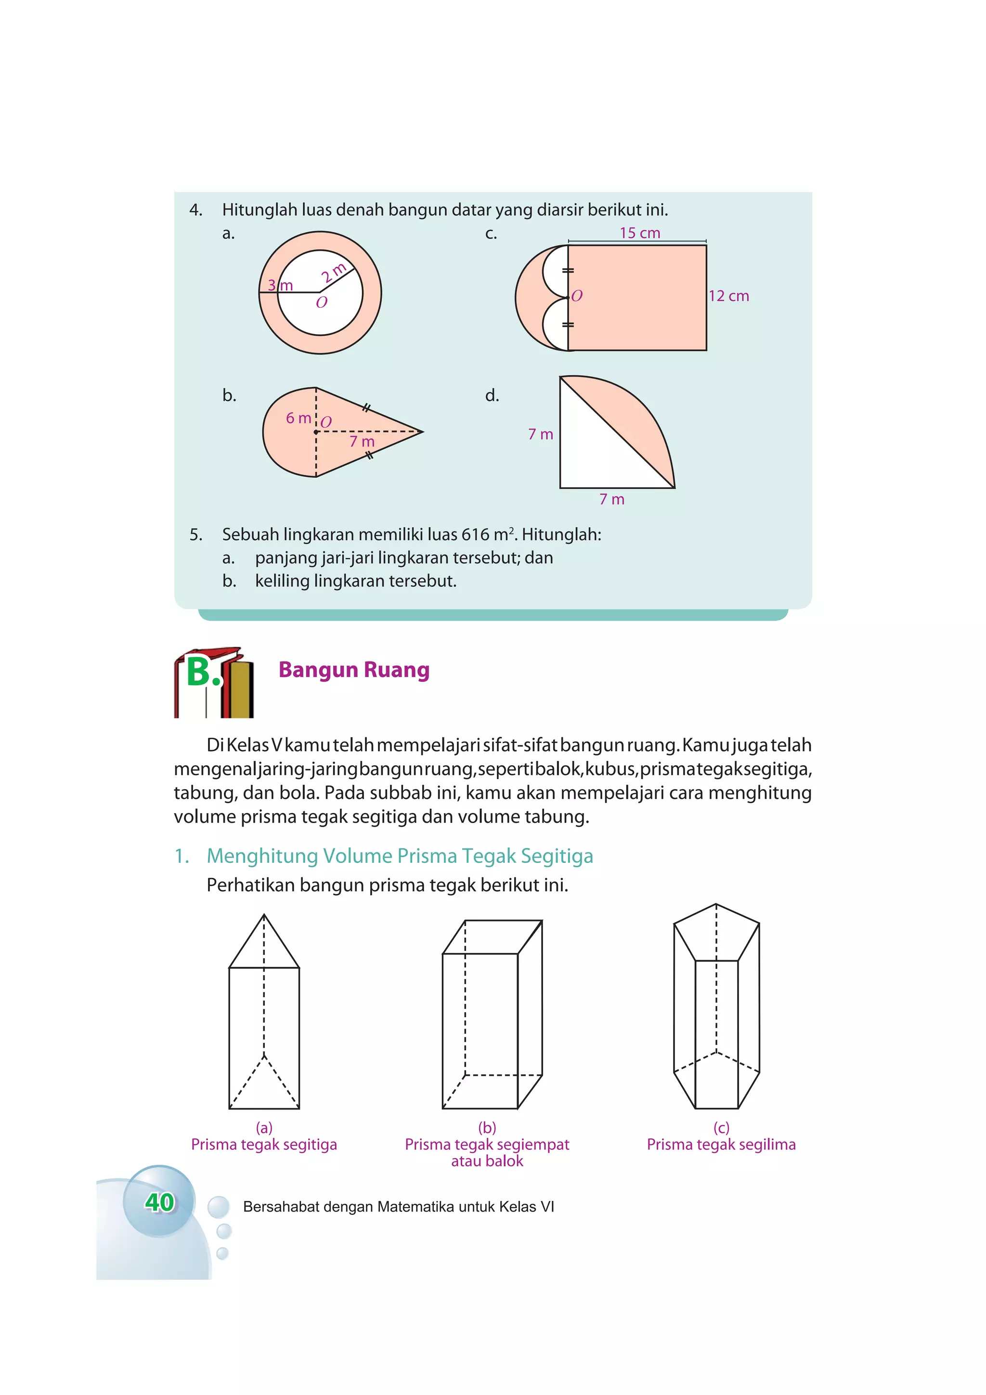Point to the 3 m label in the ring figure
(280, 285)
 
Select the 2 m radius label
(334, 273)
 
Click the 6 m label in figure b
(298, 418)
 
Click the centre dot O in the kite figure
(316, 432)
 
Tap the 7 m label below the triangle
(612, 499)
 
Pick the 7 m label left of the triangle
(540, 434)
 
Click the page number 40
(159, 1202)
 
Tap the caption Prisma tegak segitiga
(264, 1145)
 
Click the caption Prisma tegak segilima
(721, 1145)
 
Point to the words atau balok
(487, 1161)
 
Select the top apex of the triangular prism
(264, 914)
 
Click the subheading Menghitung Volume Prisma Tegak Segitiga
(399, 856)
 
